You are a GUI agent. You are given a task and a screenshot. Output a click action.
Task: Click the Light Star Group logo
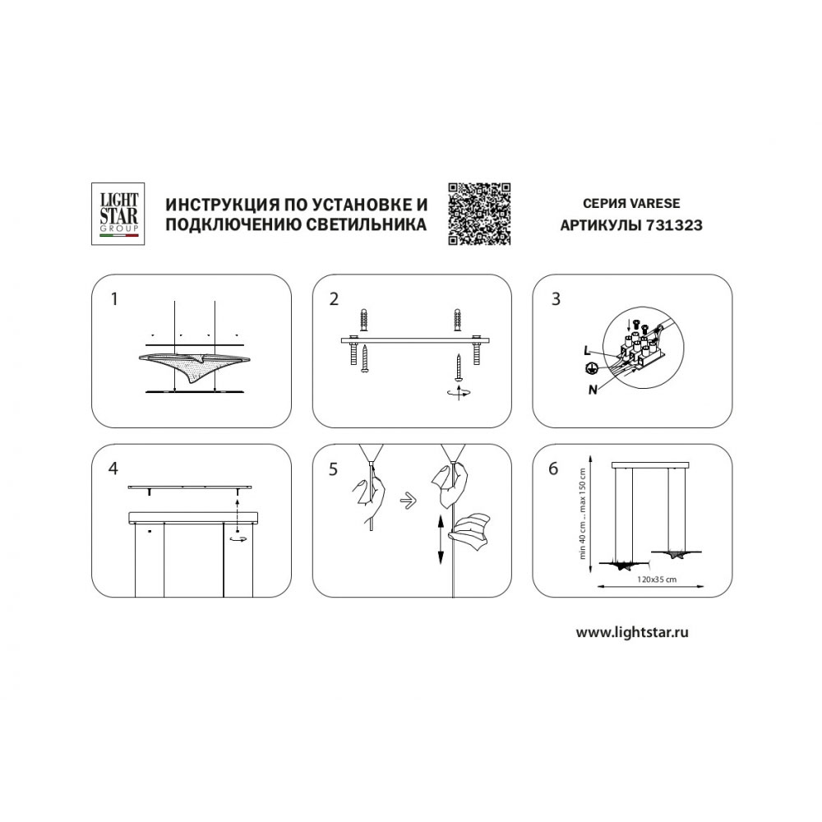[x=118, y=214]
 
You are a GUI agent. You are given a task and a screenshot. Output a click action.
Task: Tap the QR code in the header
[x=479, y=214]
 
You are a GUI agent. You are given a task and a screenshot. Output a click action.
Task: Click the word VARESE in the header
[x=654, y=203]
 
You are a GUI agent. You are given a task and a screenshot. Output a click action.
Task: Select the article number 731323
[x=674, y=225]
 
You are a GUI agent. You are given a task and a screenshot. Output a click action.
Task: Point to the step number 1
[x=114, y=299]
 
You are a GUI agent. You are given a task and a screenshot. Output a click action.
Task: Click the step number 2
[x=334, y=299]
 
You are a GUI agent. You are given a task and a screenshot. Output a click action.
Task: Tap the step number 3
[x=556, y=299]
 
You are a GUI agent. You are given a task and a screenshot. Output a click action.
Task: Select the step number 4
[x=113, y=469]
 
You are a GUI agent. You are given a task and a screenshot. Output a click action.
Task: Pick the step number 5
[x=334, y=469]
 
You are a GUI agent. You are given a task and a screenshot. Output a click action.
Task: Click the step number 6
[x=553, y=469]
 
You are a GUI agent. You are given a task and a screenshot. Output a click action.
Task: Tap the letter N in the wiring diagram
[x=593, y=390]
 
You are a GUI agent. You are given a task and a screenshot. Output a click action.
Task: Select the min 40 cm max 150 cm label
[x=582, y=514]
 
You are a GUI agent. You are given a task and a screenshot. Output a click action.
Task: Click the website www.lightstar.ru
[x=632, y=632]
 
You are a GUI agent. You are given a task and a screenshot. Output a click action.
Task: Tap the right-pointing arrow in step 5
[x=409, y=501]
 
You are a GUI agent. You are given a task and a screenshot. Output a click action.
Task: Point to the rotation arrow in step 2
[x=459, y=391]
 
